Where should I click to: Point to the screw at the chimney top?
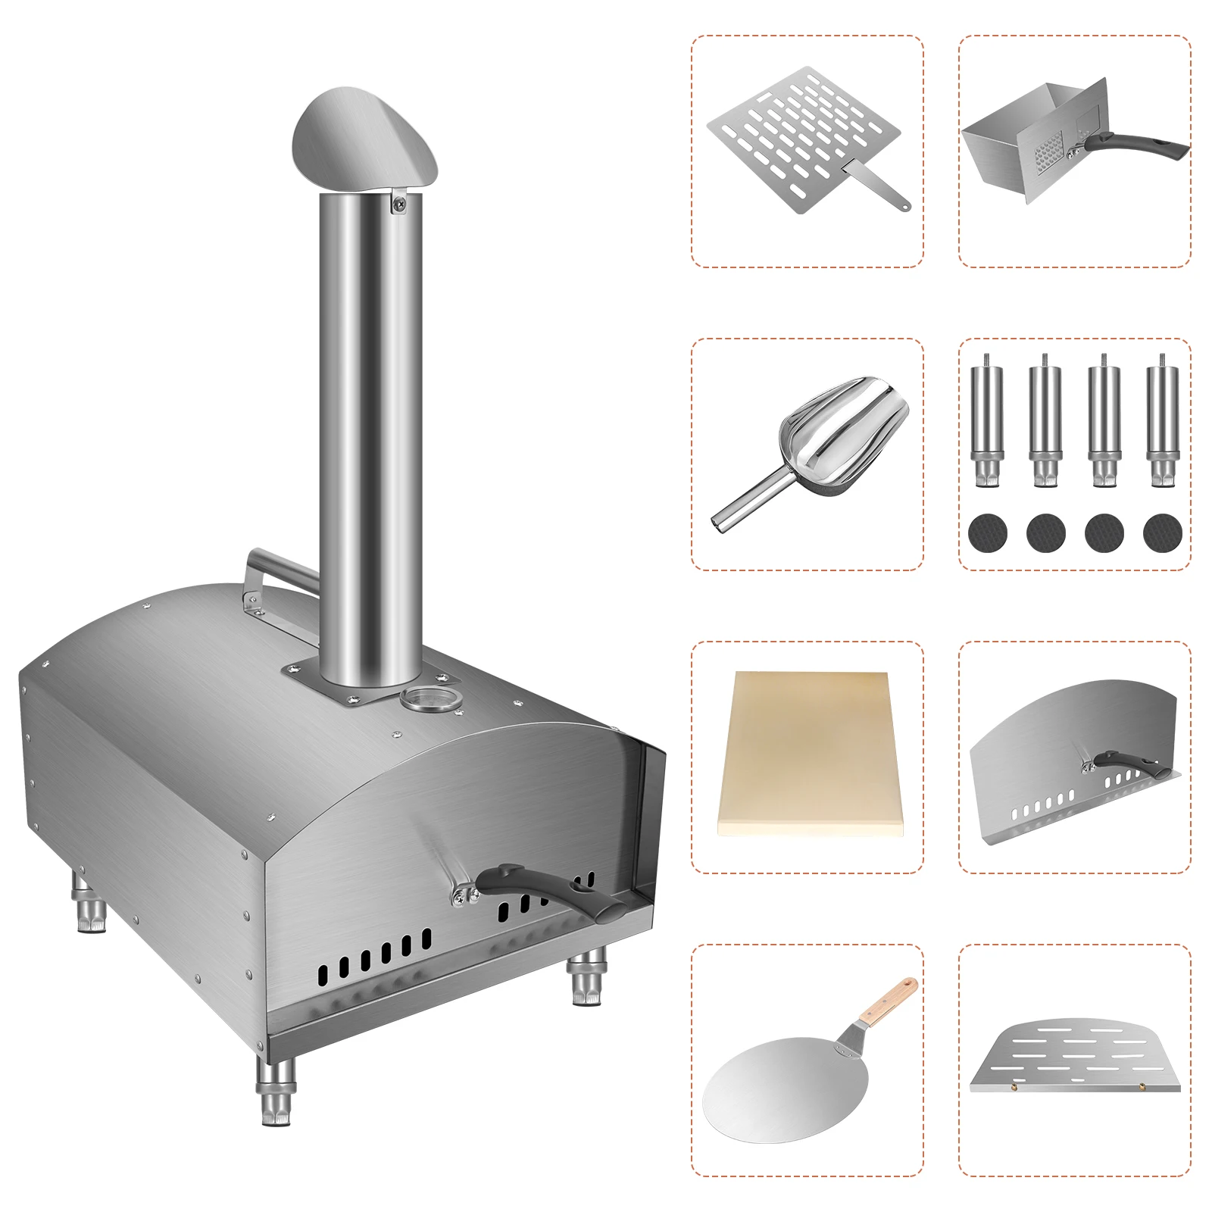398,201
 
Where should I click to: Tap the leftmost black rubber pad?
987,533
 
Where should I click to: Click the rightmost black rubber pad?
1162,533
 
